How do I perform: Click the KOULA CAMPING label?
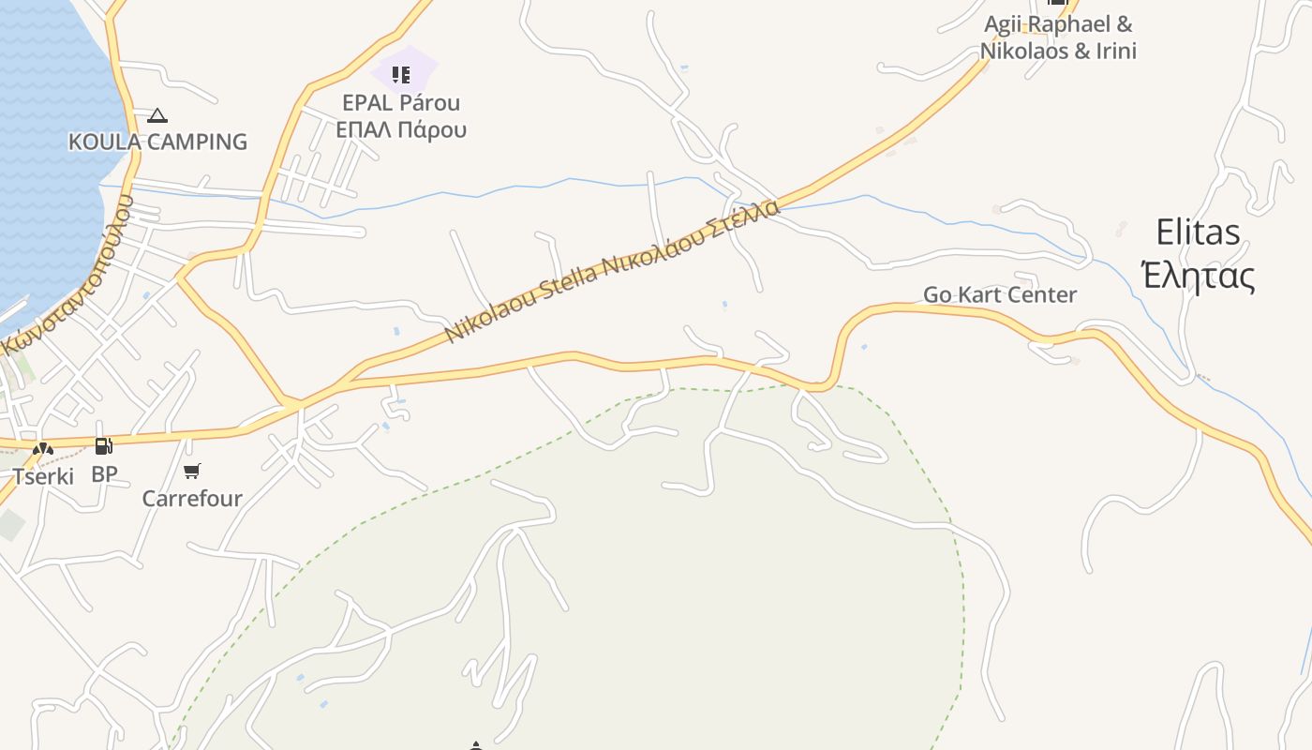pyautogui.click(x=157, y=142)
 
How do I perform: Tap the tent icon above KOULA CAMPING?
pyautogui.click(x=157, y=115)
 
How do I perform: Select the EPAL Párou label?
pyautogui.click(x=401, y=102)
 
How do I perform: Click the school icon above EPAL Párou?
pyautogui.click(x=401, y=74)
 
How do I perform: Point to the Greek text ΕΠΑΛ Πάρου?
pyautogui.click(x=401, y=129)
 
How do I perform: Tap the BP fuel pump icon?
pyautogui.click(x=104, y=446)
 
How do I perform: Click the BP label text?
pyautogui.click(x=104, y=474)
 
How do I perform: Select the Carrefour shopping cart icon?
pyautogui.click(x=192, y=471)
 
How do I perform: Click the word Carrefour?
pyautogui.click(x=192, y=498)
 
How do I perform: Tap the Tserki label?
pyautogui.click(x=43, y=476)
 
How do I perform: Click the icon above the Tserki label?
pyautogui.click(x=43, y=450)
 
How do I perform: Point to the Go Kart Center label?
pyautogui.click(x=1000, y=294)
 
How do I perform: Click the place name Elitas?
pyautogui.click(x=1198, y=232)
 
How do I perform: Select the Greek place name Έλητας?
pyautogui.click(x=1198, y=276)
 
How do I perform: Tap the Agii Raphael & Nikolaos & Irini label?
pyautogui.click(x=1058, y=37)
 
